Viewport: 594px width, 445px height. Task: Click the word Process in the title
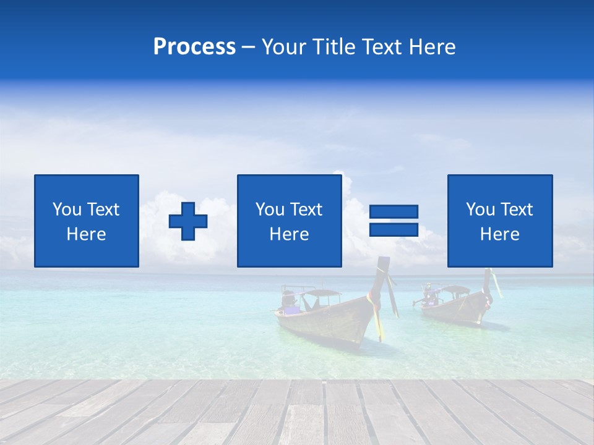coord(194,47)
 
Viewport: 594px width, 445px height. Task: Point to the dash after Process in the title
coord(248,48)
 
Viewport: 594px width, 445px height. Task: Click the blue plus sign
coord(188,221)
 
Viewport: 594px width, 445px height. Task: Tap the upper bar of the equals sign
coord(394,211)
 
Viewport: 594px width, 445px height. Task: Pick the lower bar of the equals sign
coord(394,230)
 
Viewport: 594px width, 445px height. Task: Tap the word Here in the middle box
coord(289,234)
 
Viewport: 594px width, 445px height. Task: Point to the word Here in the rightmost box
coord(499,234)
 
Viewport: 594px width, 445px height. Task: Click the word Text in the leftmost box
coord(102,210)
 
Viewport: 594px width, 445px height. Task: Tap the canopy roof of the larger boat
coord(321,292)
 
